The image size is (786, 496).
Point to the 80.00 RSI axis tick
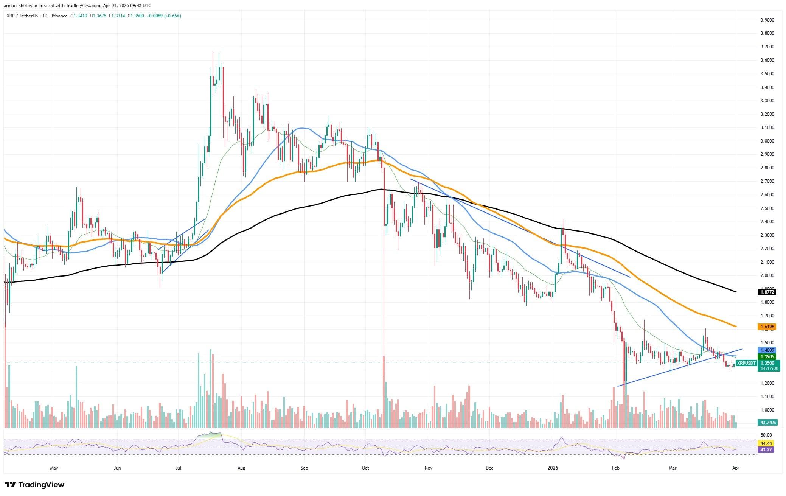766,435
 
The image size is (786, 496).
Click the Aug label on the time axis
241,468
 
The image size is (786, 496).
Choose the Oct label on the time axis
365,468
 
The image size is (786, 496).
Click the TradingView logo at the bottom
34,485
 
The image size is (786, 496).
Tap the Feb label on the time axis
615,468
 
